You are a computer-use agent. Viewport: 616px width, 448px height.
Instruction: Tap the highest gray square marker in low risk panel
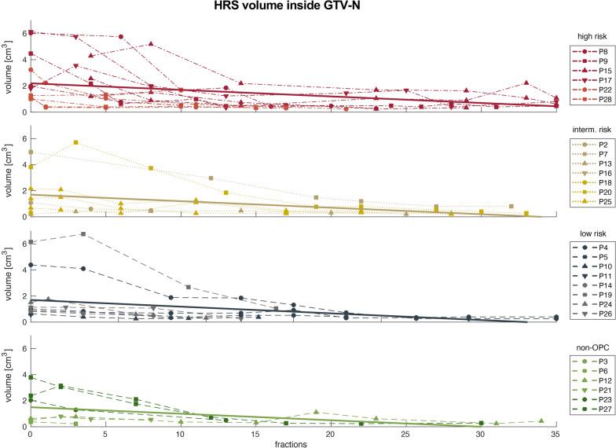pyautogui.click(x=83, y=234)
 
